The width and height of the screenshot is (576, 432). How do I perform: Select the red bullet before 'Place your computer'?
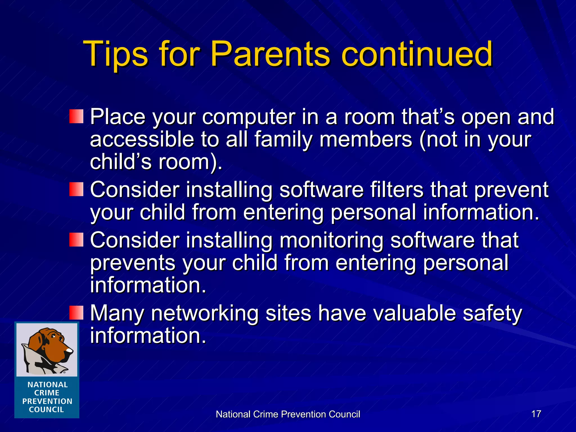coord(76,116)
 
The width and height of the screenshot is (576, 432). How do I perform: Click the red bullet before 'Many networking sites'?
coord(76,313)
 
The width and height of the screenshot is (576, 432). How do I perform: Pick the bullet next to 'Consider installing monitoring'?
coord(76,240)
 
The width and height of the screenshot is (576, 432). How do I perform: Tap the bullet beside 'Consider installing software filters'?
coord(76,189)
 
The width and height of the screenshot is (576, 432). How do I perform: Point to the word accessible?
coord(142,139)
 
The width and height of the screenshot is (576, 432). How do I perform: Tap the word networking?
coord(205,313)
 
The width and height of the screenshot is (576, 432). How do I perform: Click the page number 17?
coord(536,414)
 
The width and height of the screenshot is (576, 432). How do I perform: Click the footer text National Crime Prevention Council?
coord(288,414)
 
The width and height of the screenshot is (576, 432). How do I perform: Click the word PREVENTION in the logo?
coord(47,401)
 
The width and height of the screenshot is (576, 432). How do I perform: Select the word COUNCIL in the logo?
coord(46,410)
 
